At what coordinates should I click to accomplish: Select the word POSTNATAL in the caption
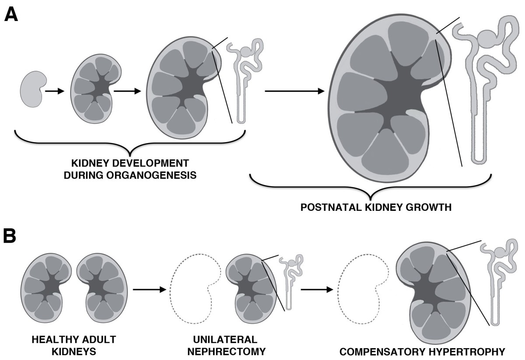(x=327, y=206)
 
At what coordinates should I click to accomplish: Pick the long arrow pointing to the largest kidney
(x=294, y=91)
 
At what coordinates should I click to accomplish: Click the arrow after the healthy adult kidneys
(x=149, y=289)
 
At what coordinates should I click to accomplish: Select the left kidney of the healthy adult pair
(x=45, y=287)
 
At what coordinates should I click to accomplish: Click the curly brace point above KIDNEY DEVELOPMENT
(x=130, y=153)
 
